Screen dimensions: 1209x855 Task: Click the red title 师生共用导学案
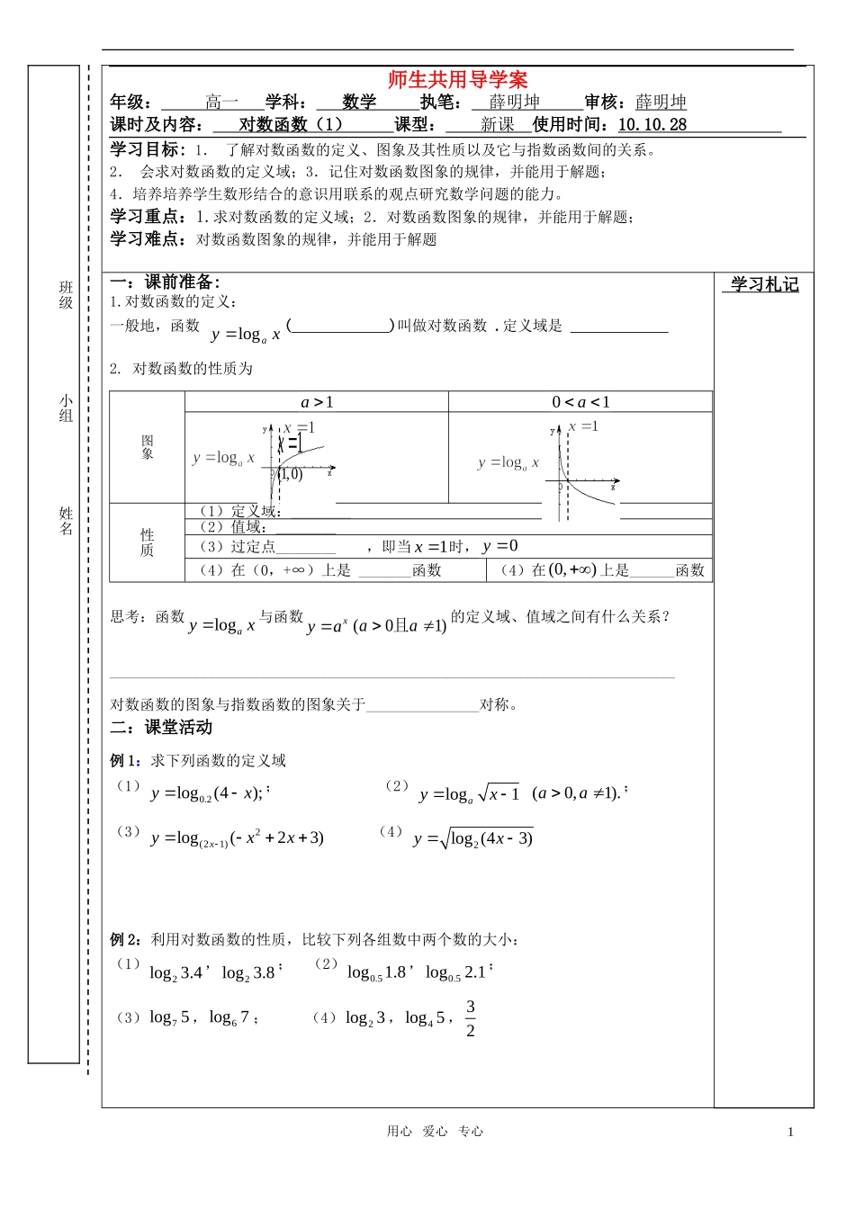click(457, 79)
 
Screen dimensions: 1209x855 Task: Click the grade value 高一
click(221, 103)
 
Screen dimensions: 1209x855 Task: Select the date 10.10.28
click(652, 125)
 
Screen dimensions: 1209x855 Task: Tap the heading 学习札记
click(764, 285)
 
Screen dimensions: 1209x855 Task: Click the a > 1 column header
click(317, 402)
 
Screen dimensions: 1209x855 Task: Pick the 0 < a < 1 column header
click(580, 402)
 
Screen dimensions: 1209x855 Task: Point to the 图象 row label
click(148, 447)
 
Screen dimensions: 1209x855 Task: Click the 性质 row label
click(148, 542)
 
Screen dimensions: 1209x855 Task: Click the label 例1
click(125, 761)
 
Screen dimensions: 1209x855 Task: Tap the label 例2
click(125, 940)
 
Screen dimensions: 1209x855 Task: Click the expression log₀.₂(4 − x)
click(207, 793)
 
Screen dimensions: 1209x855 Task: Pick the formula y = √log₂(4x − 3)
click(473, 839)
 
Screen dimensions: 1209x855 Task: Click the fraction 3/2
click(471, 1018)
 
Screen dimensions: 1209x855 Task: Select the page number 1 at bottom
click(790, 1133)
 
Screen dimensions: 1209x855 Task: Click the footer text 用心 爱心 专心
click(435, 1132)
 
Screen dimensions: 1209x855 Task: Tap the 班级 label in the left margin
click(66, 295)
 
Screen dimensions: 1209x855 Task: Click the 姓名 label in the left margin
click(66, 521)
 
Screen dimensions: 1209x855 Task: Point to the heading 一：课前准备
click(165, 282)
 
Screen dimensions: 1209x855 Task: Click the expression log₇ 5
click(169, 1017)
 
